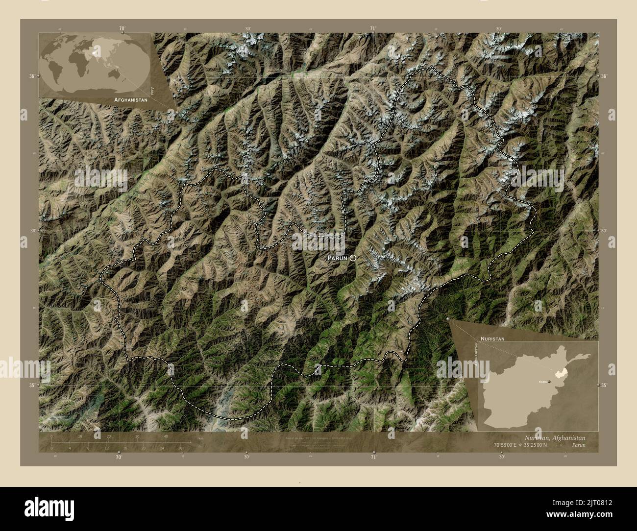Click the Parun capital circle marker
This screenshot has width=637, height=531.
353,258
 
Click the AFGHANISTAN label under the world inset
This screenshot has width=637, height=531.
130,99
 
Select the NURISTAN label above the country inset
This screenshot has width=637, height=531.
492,338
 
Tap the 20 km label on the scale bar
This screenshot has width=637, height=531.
109,436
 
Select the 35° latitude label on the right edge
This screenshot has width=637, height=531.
605,385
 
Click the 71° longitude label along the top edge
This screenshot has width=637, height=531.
373,28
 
